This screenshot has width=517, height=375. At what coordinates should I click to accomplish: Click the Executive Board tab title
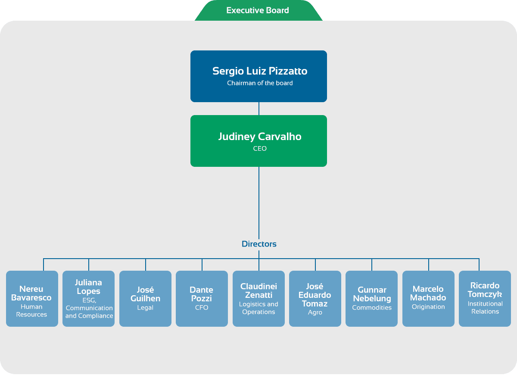click(258, 10)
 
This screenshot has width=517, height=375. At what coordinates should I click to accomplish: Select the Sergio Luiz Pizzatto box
click(258, 76)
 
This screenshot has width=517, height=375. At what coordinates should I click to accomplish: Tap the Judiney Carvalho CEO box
click(258, 141)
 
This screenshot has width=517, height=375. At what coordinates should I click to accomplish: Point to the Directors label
click(259, 244)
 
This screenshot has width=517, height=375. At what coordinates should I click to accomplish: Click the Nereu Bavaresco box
click(32, 299)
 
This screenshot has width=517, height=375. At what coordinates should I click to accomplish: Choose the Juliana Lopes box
click(88, 299)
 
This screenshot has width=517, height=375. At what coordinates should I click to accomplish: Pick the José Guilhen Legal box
click(146, 299)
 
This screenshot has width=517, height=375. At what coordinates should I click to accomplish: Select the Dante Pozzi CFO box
click(202, 299)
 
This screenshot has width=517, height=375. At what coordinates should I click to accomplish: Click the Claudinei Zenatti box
click(258, 299)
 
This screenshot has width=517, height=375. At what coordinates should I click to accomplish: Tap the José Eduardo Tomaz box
click(315, 299)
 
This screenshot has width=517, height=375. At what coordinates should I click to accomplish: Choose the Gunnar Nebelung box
click(371, 299)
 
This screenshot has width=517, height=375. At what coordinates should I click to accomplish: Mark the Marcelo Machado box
click(428, 299)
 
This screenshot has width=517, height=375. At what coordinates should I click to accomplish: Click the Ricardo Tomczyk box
click(485, 299)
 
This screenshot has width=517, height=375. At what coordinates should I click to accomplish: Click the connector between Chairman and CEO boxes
click(259, 109)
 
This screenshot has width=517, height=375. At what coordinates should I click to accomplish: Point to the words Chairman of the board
click(260, 83)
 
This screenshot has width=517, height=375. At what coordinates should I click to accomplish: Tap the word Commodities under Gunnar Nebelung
click(372, 308)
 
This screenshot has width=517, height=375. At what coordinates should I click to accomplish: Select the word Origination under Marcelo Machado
click(428, 306)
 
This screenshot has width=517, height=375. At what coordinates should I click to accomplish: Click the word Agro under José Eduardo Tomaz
click(315, 312)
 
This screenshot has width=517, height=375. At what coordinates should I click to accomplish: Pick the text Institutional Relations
click(485, 308)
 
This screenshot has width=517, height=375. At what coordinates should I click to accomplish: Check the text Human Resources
click(31, 311)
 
